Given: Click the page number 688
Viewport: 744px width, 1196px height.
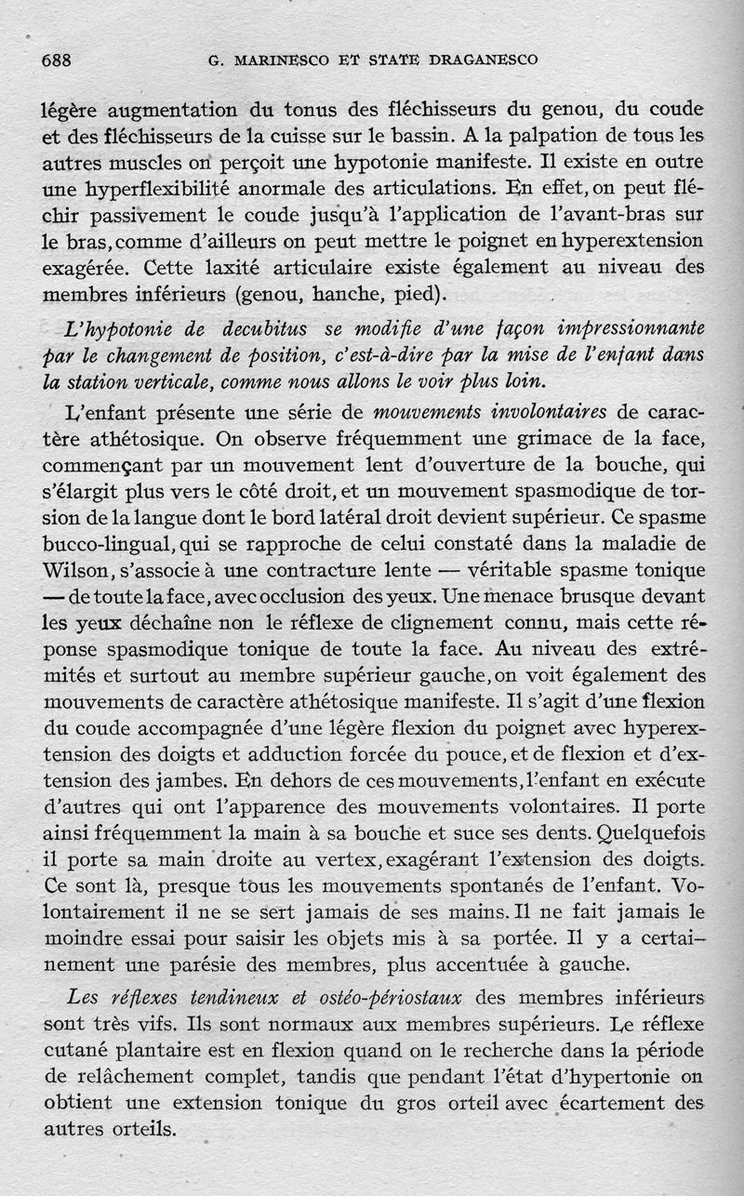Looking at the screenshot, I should coord(57,60).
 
